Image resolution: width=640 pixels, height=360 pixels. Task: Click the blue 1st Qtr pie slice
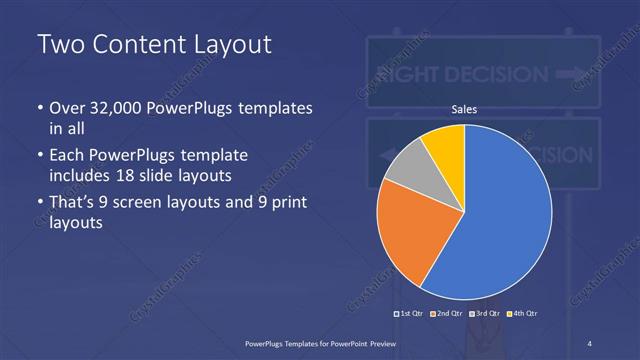(500, 220)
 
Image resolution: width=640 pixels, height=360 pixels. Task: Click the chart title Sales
(464, 109)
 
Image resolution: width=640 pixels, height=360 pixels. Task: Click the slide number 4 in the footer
(591, 342)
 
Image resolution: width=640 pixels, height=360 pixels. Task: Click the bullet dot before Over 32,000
(40, 108)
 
